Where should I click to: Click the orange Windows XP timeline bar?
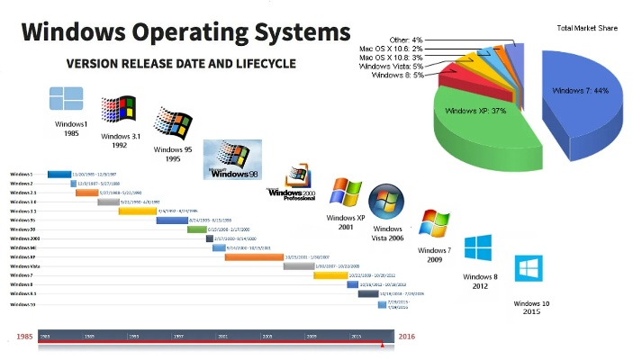254,257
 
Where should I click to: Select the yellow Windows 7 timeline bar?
330,275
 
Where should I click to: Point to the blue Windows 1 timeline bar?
59,174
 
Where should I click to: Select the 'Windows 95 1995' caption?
173,154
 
